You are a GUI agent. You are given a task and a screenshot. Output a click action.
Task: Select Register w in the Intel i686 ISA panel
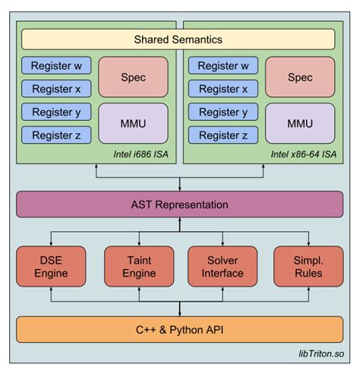tap(57, 66)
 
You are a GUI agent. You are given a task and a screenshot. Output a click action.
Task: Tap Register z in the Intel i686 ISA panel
tap(57, 136)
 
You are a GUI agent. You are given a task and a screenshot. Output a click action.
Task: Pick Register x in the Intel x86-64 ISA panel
tap(223, 89)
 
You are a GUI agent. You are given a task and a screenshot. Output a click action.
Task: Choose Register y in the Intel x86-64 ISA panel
tap(223, 113)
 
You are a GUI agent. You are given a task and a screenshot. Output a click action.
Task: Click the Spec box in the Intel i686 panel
tap(133, 77)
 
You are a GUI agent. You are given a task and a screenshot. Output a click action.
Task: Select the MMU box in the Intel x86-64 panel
tap(300, 123)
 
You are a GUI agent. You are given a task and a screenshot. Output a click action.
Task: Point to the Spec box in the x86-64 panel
tap(300, 77)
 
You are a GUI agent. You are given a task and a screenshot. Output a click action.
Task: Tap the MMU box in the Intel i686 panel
tap(133, 123)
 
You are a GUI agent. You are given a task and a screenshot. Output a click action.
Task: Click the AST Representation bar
tap(179, 204)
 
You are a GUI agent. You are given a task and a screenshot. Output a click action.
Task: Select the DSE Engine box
tap(52, 266)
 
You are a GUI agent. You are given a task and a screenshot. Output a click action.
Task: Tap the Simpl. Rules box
tap(308, 266)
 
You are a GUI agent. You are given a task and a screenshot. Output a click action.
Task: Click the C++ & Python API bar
tap(179, 329)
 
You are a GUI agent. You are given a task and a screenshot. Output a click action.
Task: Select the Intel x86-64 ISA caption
tap(302, 154)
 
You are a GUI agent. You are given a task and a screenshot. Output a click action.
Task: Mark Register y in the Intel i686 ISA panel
tap(57, 113)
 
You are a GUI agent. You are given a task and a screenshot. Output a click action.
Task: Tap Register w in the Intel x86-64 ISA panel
tap(223, 66)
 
